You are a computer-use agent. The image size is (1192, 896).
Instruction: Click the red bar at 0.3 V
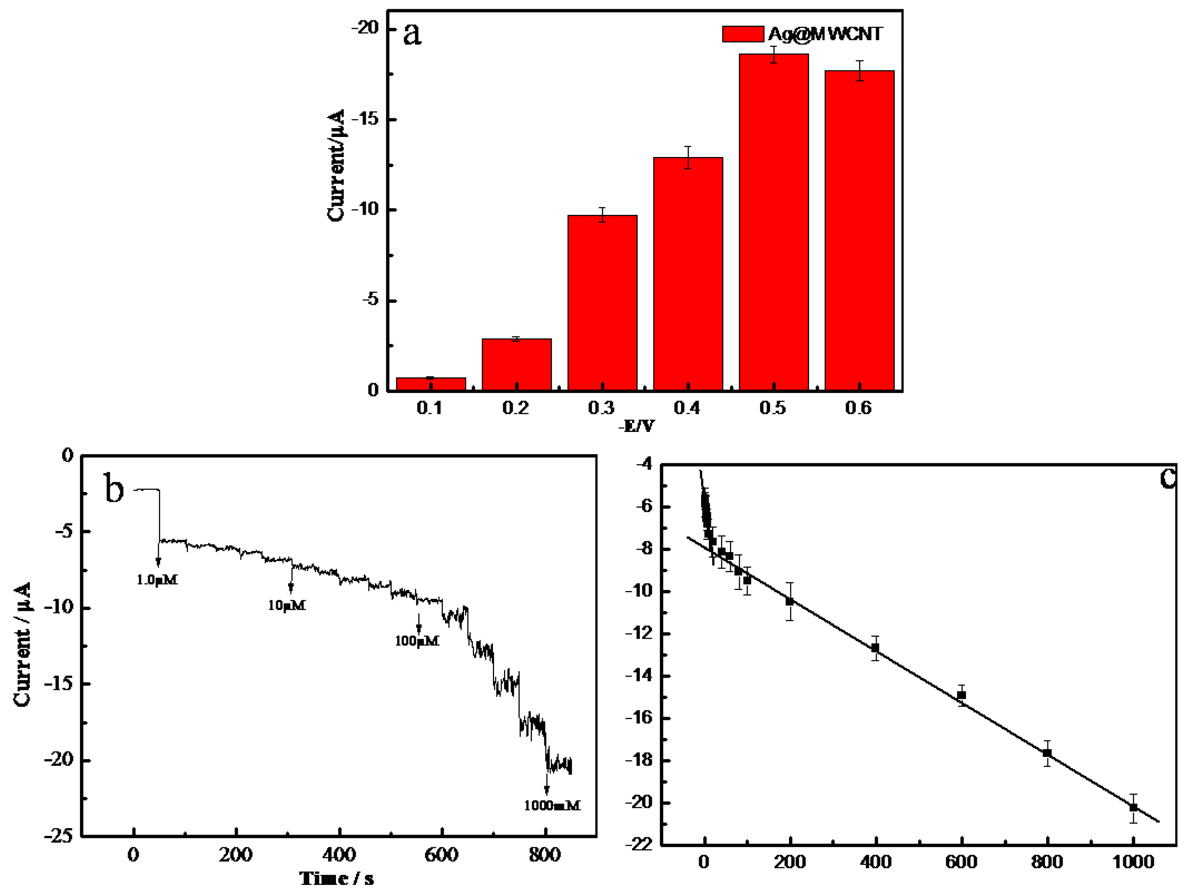[602, 302]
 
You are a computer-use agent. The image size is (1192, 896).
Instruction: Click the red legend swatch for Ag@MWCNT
[743, 34]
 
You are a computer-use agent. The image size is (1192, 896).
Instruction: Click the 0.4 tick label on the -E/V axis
[687, 408]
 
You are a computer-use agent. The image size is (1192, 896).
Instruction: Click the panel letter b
[114, 488]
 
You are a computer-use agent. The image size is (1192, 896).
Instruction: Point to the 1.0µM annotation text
[157, 580]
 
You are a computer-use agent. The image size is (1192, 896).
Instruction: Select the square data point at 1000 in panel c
[1133, 808]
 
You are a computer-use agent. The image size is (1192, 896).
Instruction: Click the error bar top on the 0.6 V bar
[860, 61]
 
